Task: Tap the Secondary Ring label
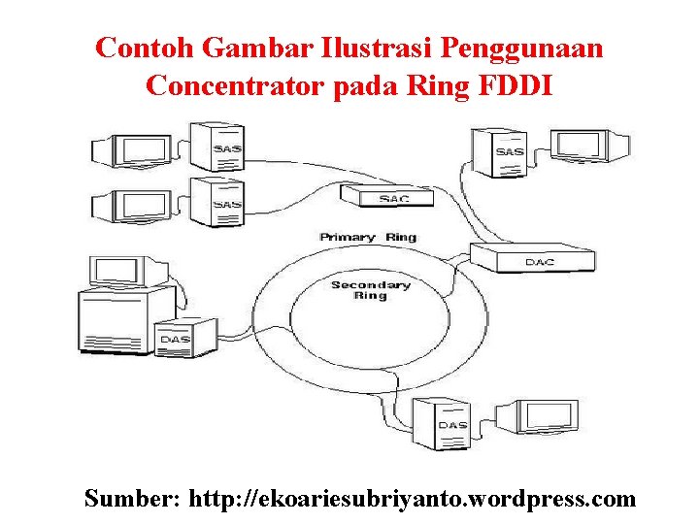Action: pos(371,290)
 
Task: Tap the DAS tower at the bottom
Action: pos(449,424)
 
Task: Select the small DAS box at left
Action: pos(175,337)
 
